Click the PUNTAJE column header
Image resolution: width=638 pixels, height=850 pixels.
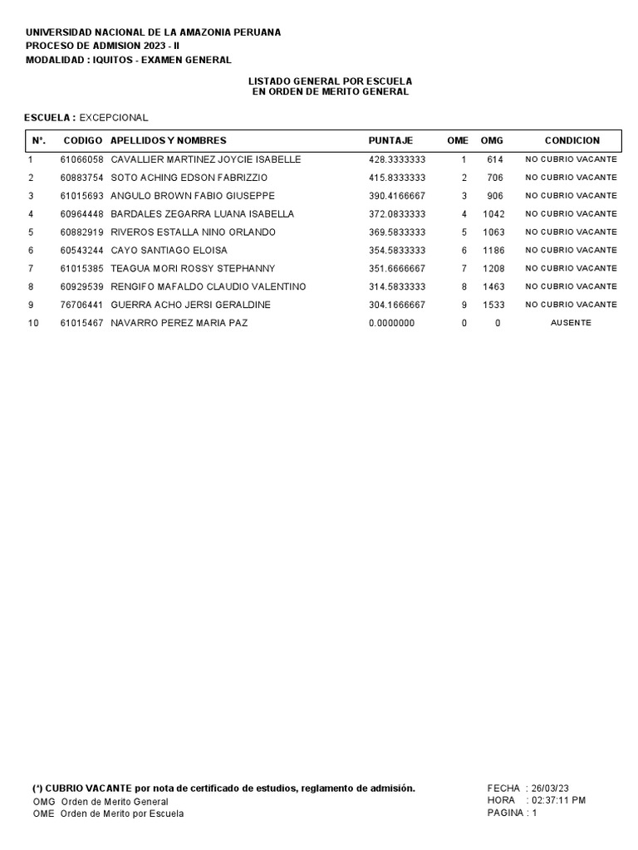[390, 141]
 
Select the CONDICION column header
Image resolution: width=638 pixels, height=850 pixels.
[572, 141]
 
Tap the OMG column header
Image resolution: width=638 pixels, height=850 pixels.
[492, 141]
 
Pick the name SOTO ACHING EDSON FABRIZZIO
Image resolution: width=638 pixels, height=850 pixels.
[189, 178]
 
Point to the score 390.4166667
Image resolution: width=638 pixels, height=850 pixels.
[397, 196]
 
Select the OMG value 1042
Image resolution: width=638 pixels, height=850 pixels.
[493, 214]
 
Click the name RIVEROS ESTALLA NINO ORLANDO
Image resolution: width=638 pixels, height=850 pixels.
[193, 232]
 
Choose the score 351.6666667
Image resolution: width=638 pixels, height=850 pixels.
[397, 269]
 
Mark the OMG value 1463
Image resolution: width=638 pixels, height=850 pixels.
[493, 287]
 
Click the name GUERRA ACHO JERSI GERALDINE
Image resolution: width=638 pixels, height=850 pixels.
[190, 305]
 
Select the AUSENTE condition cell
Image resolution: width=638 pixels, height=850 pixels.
[571, 323]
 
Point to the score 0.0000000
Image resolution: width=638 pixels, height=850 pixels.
[391, 323]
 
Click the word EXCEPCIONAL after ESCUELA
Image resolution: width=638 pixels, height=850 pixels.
[114, 118]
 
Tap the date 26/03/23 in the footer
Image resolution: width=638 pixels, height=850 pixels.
[550, 788]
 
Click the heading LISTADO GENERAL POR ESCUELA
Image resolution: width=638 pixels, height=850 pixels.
[331, 81]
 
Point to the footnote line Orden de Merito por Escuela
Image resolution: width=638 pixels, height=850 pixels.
[122, 813]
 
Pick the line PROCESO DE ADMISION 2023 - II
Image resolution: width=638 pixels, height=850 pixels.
[96, 46]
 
